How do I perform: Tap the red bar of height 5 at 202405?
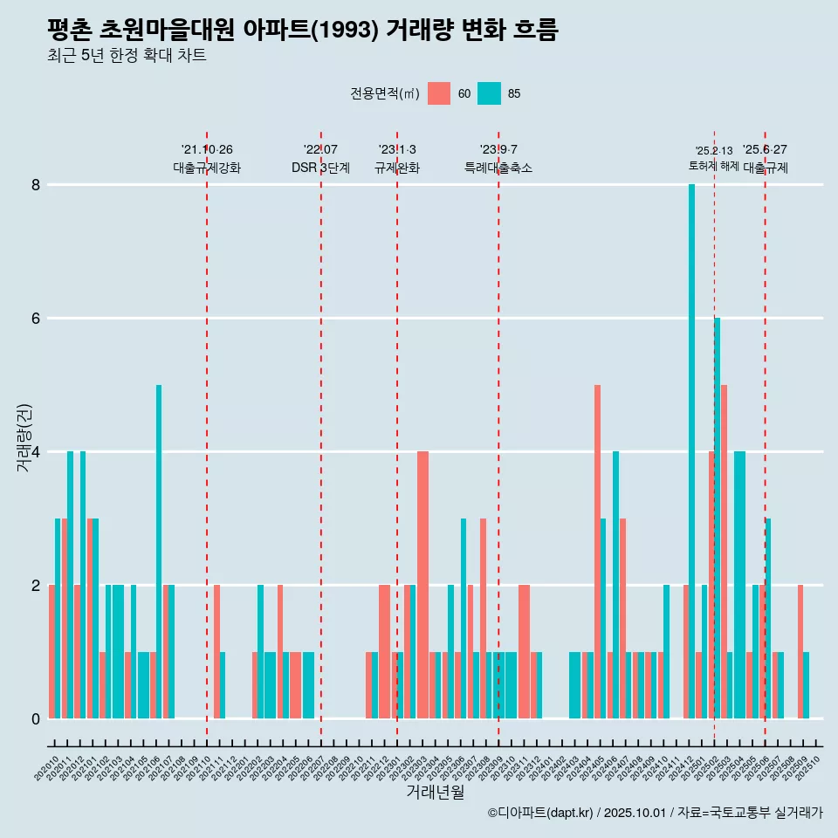click(x=597, y=552)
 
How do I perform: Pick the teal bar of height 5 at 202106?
click(x=159, y=552)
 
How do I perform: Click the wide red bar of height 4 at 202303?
click(x=422, y=585)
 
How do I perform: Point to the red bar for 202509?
click(x=800, y=651)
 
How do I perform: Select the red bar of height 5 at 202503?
click(x=724, y=552)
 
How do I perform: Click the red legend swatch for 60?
click(x=439, y=93)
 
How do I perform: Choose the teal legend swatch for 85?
click(x=490, y=93)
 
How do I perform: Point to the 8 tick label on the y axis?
click(x=36, y=185)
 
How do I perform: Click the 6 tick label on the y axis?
click(x=36, y=319)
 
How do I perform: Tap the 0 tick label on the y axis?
click(x=36, y=718)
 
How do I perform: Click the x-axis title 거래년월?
click(x=435, y=793)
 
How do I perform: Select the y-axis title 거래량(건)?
click(x=24, y=437)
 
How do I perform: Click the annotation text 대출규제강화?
click(x=207, y=168)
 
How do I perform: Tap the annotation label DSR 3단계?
click(x=320, y=168)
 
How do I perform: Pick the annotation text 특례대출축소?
click(x=498, y=168)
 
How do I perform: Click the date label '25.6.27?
click(x=765, y=149)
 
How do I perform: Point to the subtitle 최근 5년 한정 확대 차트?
click(x=127, y=56)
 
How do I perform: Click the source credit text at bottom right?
click(x=655, y=813)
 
